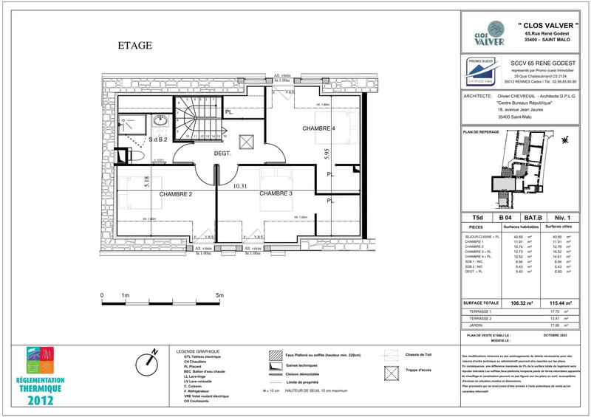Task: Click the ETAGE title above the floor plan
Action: (x=135, y=46)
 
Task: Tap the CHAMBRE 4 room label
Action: (x=318, y=129)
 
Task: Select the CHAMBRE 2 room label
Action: (x=171, y=193)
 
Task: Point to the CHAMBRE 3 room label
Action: (x=276, y=193)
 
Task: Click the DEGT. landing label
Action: (x=223, y=154)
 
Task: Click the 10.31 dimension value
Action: (x=239, y=187)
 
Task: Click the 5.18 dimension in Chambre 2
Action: (x=147, y=182)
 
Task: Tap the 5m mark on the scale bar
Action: (x=220, y=295)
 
